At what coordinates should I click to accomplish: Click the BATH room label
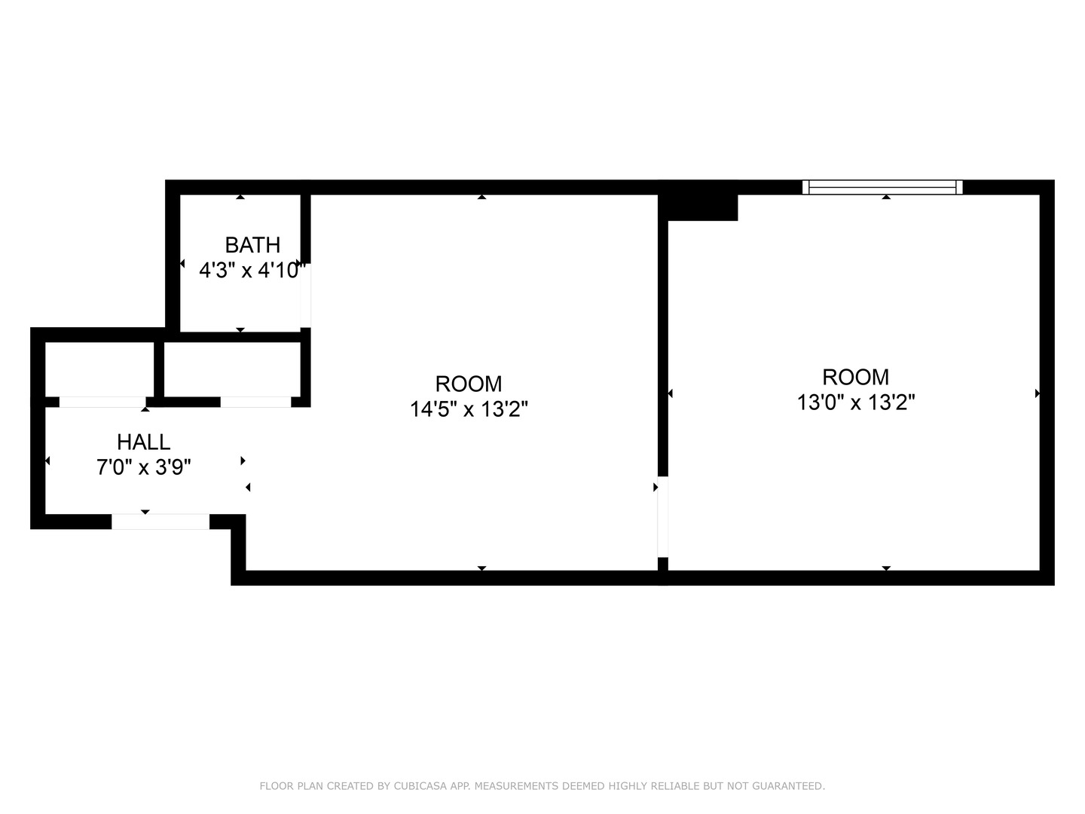252,245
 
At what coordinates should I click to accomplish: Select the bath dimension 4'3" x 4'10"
252,270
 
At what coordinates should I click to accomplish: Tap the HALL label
143,442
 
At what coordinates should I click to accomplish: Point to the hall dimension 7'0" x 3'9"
143,467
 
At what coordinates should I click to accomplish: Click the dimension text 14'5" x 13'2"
469,409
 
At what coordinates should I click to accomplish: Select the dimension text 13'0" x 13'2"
856,402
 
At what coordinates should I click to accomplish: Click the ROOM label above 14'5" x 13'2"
469,384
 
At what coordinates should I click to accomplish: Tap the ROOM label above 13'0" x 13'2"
856,377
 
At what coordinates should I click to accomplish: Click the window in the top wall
882,188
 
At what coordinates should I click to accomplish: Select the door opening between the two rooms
663,516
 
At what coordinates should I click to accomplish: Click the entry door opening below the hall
160,522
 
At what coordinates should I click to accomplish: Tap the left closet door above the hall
102,402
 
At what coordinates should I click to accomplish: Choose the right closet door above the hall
255,402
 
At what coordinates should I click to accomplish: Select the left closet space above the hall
99,369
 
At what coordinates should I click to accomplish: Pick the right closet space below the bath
232,369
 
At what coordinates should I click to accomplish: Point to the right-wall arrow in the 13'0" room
1038,393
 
